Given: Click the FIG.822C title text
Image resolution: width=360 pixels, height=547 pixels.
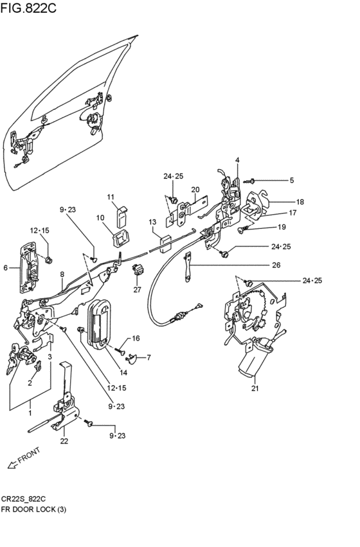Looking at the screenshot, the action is tap(28, 7).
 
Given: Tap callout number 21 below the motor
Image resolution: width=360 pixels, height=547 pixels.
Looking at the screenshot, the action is tap(255, 388).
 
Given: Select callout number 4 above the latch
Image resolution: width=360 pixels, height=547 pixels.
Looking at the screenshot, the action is tap(237, 160).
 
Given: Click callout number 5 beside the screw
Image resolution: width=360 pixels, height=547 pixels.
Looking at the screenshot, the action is tap(292, 181).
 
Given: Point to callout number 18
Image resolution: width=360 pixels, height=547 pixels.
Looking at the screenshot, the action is tap(300, 202).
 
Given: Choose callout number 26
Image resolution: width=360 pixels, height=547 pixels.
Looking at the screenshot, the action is tap(276, 265).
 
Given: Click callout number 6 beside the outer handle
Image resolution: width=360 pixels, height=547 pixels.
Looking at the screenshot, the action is tap(5, 267).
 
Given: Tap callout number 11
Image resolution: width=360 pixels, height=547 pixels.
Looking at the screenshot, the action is tap(111, 197).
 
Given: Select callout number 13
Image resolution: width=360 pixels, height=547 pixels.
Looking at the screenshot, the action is tap(152, 222).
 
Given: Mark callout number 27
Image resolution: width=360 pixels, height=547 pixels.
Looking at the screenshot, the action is tap(137, 289).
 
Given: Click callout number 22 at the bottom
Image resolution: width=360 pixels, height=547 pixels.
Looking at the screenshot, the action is tap(64, 442).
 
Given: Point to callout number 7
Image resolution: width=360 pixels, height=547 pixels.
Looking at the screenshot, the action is tap(148, 357).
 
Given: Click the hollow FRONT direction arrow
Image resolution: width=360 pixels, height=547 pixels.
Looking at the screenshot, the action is tap(12, 464).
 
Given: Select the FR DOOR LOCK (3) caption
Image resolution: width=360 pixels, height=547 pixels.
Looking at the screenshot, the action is tap(33, 509).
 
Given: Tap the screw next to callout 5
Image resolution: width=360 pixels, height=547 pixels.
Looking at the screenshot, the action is tap(250, 181).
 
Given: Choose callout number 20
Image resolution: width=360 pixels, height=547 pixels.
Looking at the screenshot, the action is tap(195, 190).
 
